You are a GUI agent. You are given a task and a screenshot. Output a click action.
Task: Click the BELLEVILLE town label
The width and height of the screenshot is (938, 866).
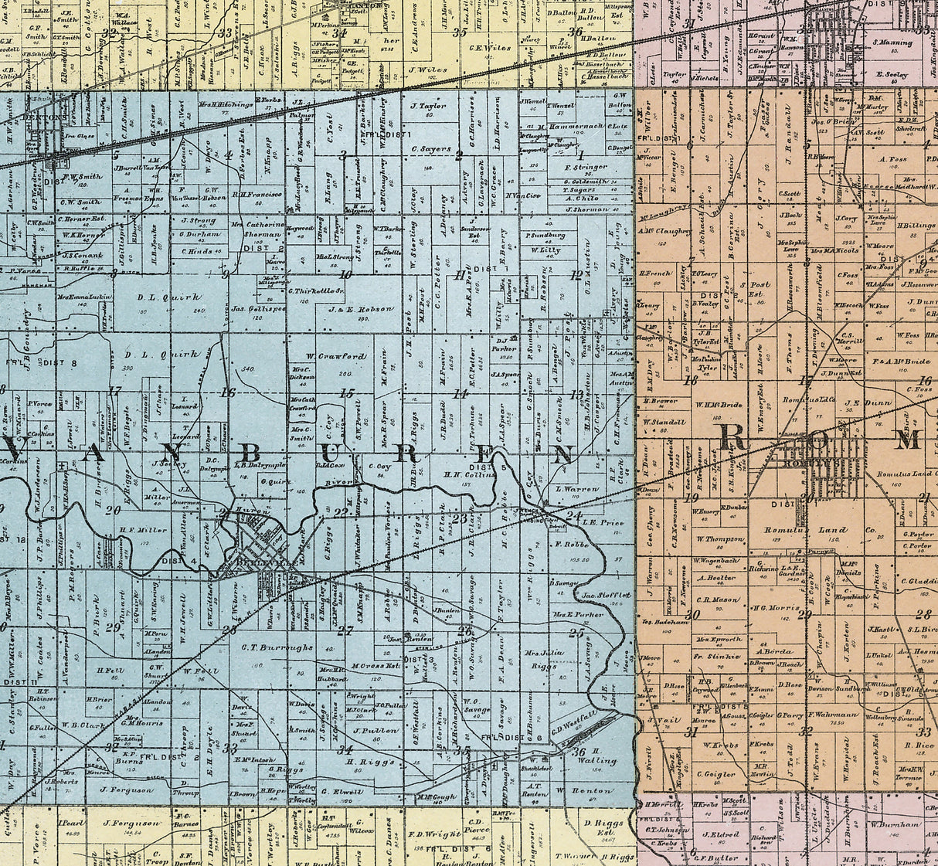click(x=255, y=563)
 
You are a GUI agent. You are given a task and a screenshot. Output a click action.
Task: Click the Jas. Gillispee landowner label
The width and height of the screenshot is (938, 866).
click(x=259, y=308)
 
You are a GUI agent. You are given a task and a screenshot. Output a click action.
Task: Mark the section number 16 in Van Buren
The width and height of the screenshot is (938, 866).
click(x=227, y=392)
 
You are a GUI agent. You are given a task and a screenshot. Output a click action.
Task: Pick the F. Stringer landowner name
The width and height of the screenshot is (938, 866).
click(x=586, y=166)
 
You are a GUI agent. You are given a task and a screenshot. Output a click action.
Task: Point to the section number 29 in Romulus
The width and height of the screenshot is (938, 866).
click(x=804, y=614)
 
